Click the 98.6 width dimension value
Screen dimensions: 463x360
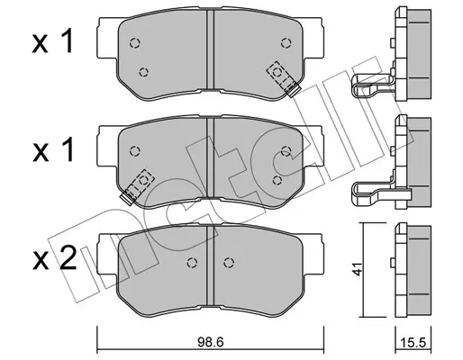[211, 342]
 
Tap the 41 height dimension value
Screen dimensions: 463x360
[357, 268]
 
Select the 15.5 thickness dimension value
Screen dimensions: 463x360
[413, 343]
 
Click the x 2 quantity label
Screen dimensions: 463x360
[54, 258]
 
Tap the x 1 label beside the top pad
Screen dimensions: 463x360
[53, 41]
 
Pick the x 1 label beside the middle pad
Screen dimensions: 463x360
[53, 149]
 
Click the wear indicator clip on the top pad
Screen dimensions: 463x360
[284, 78]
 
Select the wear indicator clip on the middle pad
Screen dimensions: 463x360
[137, 187]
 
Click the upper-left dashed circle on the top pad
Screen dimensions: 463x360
[135, 43]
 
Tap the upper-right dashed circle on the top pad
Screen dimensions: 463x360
[286, 43]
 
